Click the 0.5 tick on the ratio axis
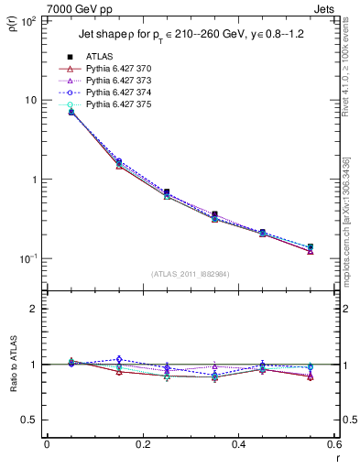pos(33,420)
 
